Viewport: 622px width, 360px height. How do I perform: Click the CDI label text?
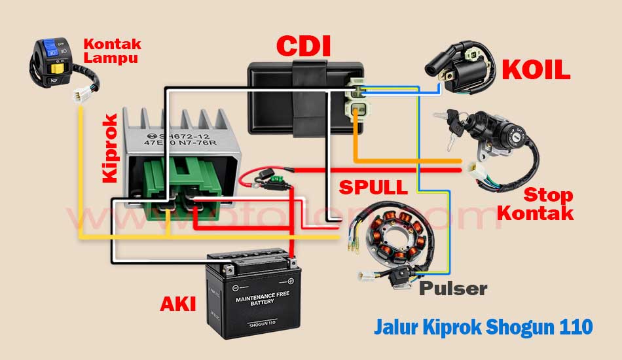pos(303,46)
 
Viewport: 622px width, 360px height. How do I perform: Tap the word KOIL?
pos(536,71)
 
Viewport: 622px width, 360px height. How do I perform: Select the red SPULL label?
pos(373,187)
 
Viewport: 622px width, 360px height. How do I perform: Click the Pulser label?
pos(453,288)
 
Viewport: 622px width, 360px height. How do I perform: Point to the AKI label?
pos(178,304)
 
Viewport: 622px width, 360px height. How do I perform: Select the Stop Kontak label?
pos(548,204)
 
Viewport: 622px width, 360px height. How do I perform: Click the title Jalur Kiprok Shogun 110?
pos(483,326)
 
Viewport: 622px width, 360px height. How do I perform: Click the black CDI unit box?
pos(295,95)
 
